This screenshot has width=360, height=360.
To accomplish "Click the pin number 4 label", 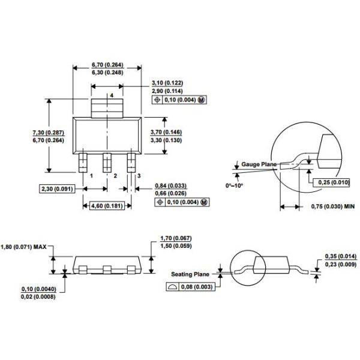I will pos(111,96).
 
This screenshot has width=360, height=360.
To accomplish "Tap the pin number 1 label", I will pos(91,176).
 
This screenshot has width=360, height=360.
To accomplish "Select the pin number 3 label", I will pos(139,176).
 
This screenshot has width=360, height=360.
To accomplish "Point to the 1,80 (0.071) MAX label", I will pos(24,246).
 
